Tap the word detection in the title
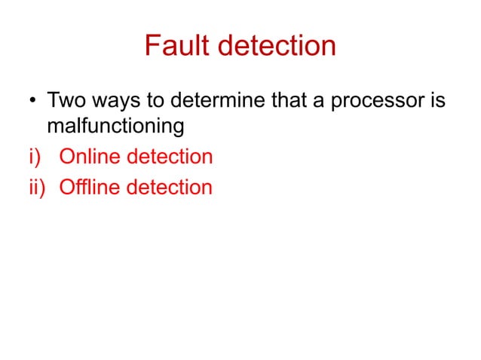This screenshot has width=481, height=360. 276,46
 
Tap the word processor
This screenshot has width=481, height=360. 375,101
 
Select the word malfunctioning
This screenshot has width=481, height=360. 115,127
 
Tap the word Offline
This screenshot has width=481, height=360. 90,186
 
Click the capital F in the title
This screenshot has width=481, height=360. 152,46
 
